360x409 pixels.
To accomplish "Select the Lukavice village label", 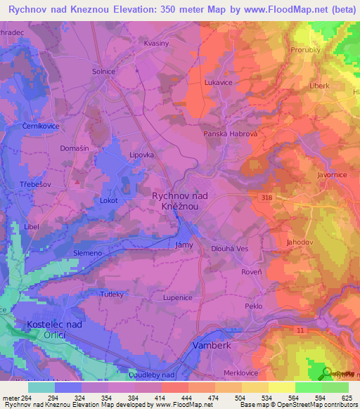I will (218, 82).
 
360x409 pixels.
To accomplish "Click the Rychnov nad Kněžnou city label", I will (180, 202).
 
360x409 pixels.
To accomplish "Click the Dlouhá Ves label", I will (230, 249).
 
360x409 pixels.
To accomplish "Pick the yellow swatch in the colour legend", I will (281, 387).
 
